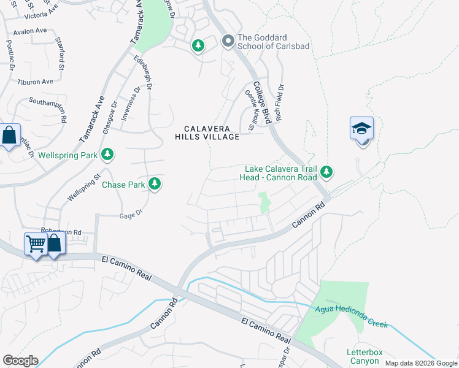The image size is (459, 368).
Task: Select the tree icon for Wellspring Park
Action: [108, 154]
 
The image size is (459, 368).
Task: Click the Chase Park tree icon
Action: [155, 183]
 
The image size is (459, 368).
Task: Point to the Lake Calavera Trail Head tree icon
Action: [327, 172]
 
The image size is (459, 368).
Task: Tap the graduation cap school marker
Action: [361, 129]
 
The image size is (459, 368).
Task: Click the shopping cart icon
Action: [36, 244]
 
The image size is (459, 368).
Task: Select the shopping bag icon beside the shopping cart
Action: [55, 244]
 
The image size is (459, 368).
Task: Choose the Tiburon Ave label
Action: [36, 82]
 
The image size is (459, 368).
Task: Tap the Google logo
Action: [20, 361]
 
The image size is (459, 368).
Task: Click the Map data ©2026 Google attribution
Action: [420, 363]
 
